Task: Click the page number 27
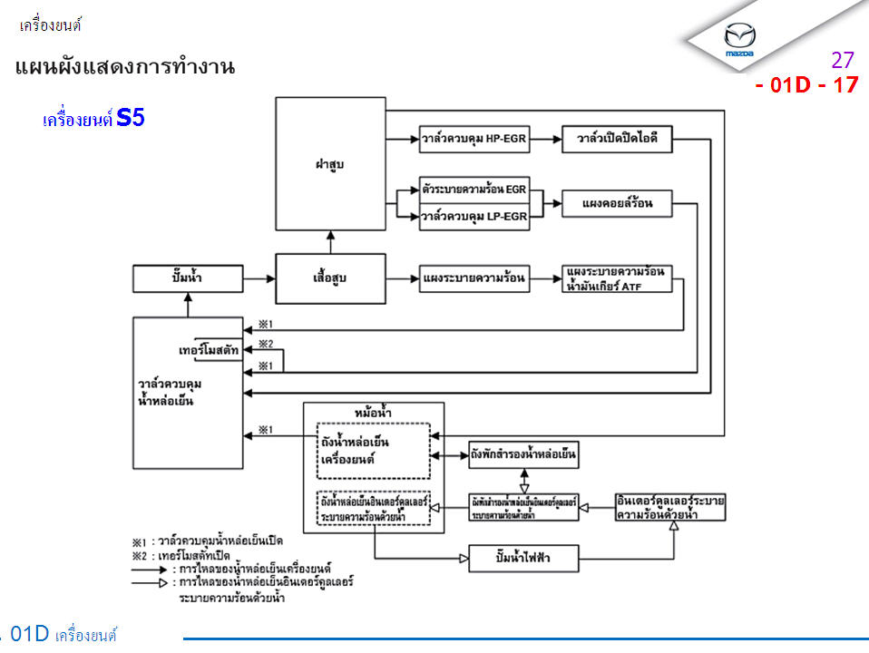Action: (843, 61)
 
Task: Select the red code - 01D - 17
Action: (806, 86)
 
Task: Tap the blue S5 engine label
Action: (131, 118)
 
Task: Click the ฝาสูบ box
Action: (330, 164)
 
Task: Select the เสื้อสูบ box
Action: (330, 278)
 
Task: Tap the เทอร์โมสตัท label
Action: (209, 349)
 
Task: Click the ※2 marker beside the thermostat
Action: (266, 344)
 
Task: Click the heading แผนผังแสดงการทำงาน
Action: (125, 67)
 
